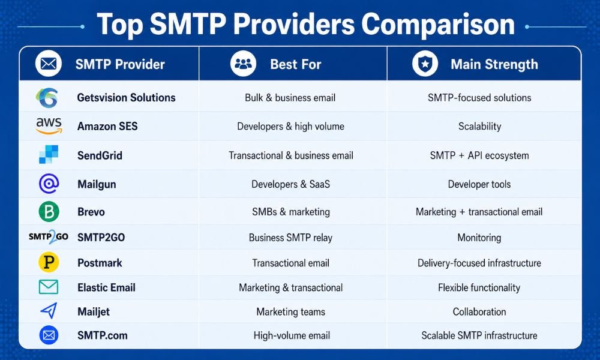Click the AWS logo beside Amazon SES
pos(49,126)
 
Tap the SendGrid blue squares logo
pos(49,155)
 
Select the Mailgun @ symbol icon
pos(49,184)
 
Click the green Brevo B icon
pos(49,212)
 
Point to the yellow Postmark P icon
pos(49,262)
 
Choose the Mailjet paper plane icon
pos(49,311)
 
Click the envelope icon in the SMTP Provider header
pos(49,64)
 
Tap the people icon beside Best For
pos(244,64)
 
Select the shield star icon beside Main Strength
pos(425,64)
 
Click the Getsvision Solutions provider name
pos(126,98)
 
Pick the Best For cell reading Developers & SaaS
pos(290,184)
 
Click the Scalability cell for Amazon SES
pos(480,126)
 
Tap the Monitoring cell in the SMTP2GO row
pos(479,238)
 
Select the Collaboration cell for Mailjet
pos(479,312)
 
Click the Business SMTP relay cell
pos(290,238)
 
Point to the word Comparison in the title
pos(438,25)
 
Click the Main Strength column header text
pos(494,64)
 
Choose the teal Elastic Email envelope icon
pos(49,287)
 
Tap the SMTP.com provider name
pos(103,335)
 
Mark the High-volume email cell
pos(292,335)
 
